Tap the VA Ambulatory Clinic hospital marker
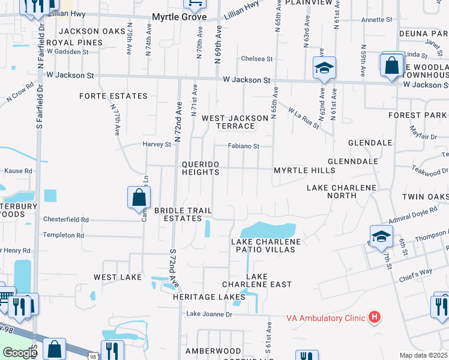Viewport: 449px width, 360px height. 375,317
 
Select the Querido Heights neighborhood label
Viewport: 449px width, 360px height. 200,168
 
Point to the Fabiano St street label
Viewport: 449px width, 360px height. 243,146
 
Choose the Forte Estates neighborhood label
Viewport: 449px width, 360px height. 113,96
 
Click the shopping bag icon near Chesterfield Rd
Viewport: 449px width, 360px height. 139,197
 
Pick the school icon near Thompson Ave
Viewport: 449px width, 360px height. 381,236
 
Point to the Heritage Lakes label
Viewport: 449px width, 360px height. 202,297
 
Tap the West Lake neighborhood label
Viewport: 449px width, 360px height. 118,277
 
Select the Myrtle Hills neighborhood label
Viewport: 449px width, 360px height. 304,171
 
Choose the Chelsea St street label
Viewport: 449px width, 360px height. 257,59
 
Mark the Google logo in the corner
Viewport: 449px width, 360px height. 20,353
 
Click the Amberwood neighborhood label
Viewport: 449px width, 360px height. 212,351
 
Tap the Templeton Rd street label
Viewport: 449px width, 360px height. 63,235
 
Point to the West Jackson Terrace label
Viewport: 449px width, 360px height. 235,122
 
